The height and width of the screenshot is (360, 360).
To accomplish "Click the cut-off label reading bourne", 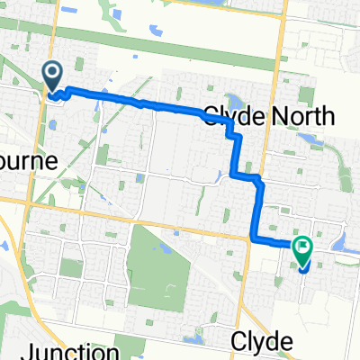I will (x=29, y=161).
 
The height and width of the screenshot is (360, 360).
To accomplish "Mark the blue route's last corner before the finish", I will (x=253, y=238).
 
